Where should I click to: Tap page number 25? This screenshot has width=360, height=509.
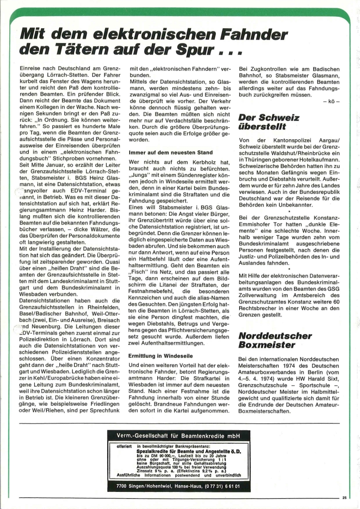(x=344, y=497)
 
